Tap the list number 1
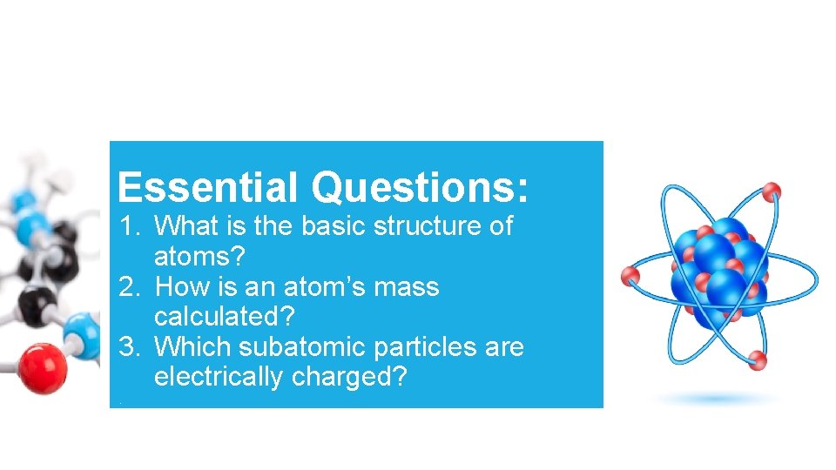(x=129, y=226)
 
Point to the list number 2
(x=129, y=287)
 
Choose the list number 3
(x=129, y=347)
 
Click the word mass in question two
(x=408, y=287)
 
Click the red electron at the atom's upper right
(x=771, y=191)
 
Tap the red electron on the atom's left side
(x=630, y=277)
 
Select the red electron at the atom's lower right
(x=758, y=359)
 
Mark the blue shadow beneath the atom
(x=716, y=399)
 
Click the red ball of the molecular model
(x=42, y=367)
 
